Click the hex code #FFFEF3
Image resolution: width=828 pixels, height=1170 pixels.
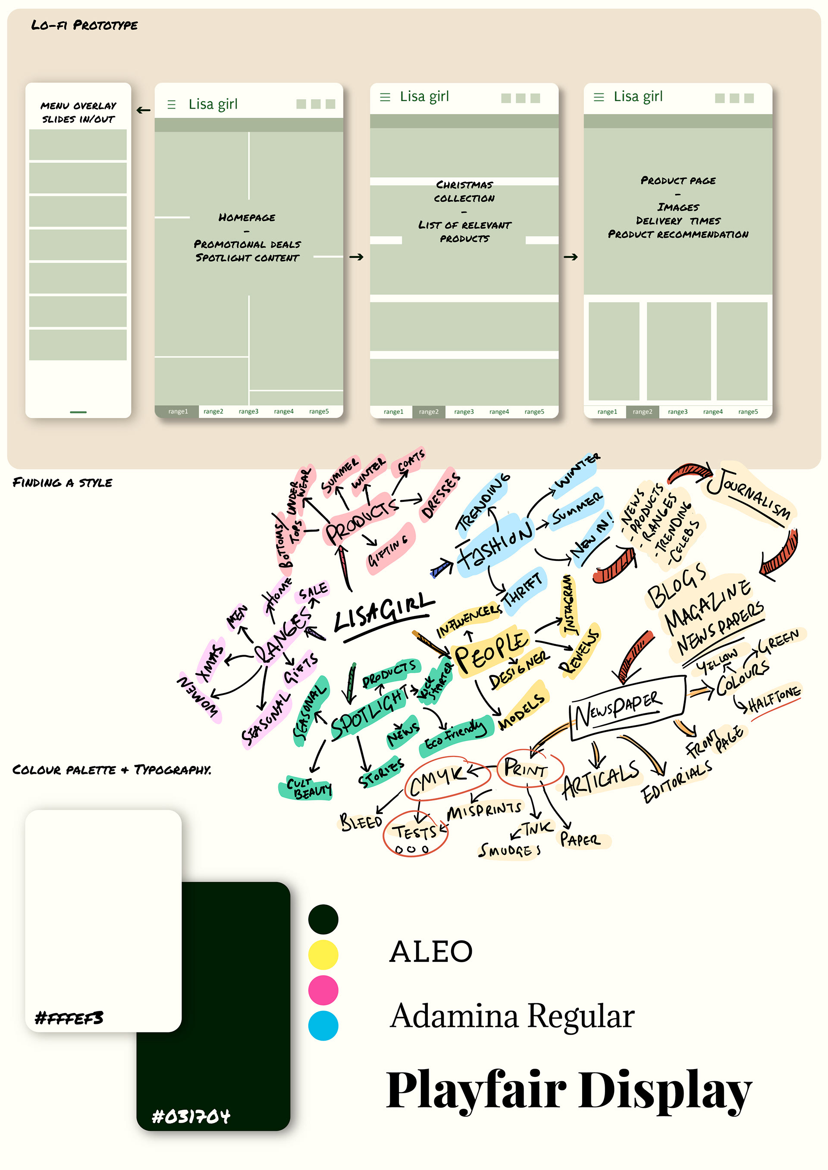[69, 1018]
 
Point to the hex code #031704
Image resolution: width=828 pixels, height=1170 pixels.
[191, 1117]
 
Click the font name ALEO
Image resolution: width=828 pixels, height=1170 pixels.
[431, 951]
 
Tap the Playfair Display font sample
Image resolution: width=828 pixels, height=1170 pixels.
[568, 1089]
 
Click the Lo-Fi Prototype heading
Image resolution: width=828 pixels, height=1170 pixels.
[84, 25]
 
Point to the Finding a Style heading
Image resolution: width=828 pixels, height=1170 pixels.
[62, 482]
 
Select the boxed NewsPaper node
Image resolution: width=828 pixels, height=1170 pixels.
[626, 709]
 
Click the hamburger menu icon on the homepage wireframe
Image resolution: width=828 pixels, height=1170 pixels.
[171, 104]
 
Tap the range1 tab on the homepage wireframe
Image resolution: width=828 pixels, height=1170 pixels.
[178, 411]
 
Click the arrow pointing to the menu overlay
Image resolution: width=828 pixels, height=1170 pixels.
[144, 110]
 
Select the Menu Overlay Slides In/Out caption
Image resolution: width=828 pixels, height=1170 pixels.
[78, 112]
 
